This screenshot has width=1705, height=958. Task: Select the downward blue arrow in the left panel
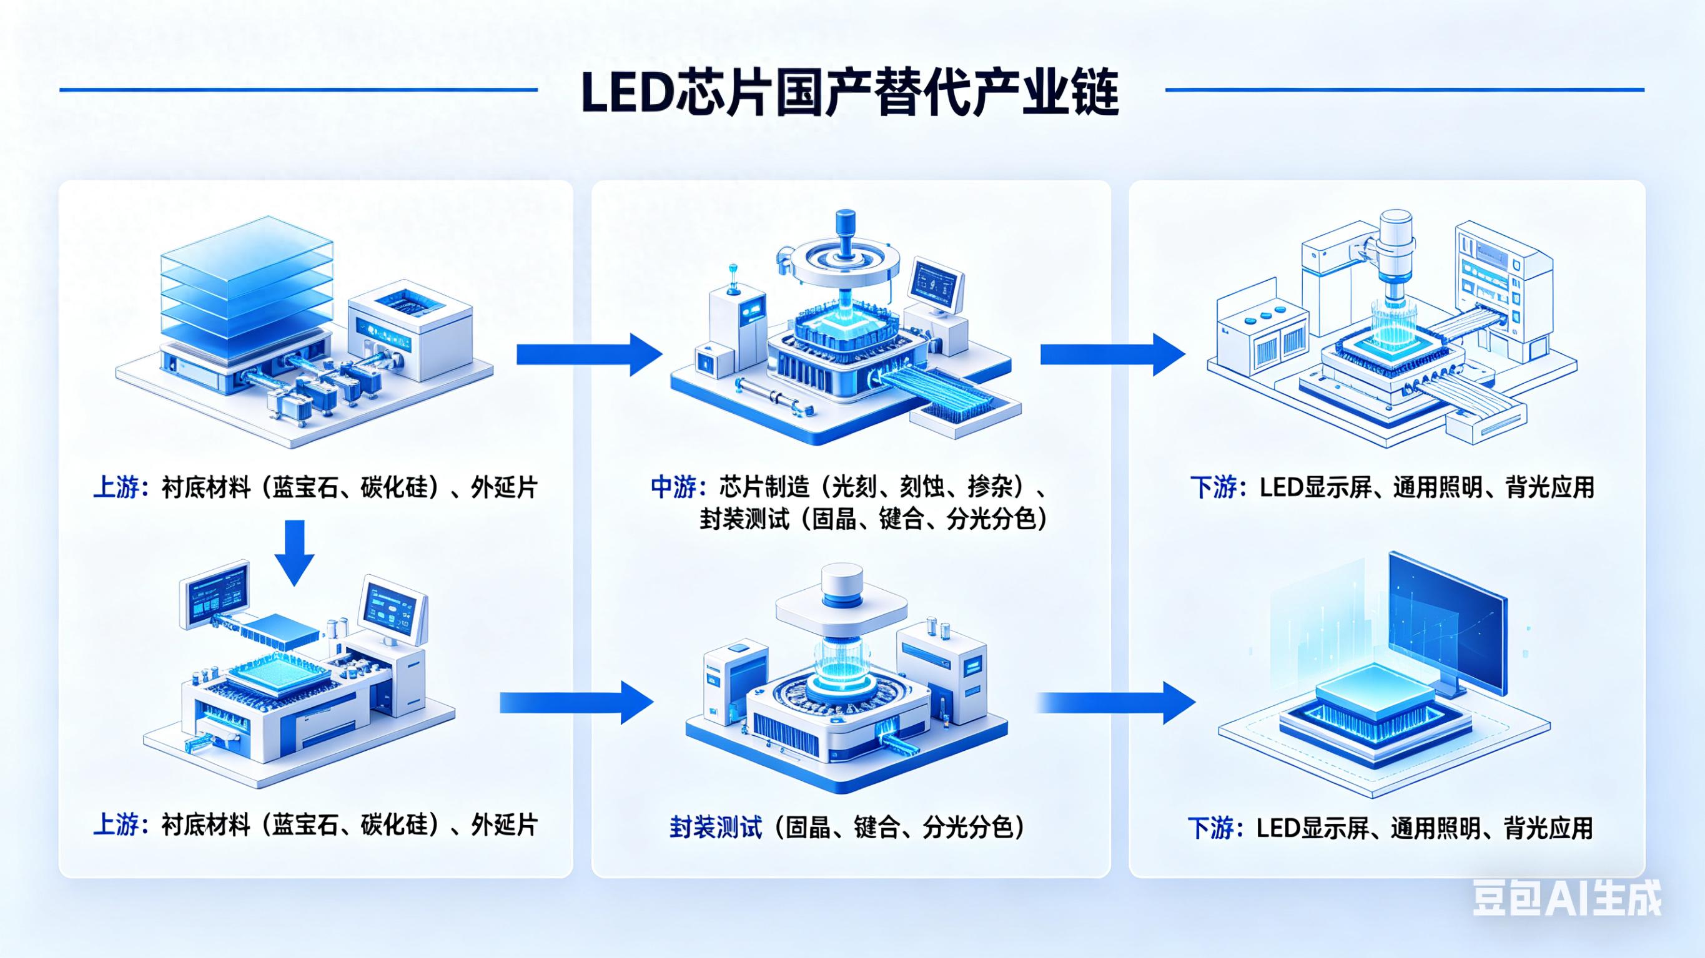(x=294, y=552)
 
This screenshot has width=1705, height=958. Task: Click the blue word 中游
(x=673, y=487)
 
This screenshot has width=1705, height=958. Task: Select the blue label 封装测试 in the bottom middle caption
(x=716, y=828)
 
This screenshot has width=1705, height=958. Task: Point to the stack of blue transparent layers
(x=247, y=285)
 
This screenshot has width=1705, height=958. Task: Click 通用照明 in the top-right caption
(x=1436, y=487)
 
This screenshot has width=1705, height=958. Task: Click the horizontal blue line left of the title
(x=298, y=90)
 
